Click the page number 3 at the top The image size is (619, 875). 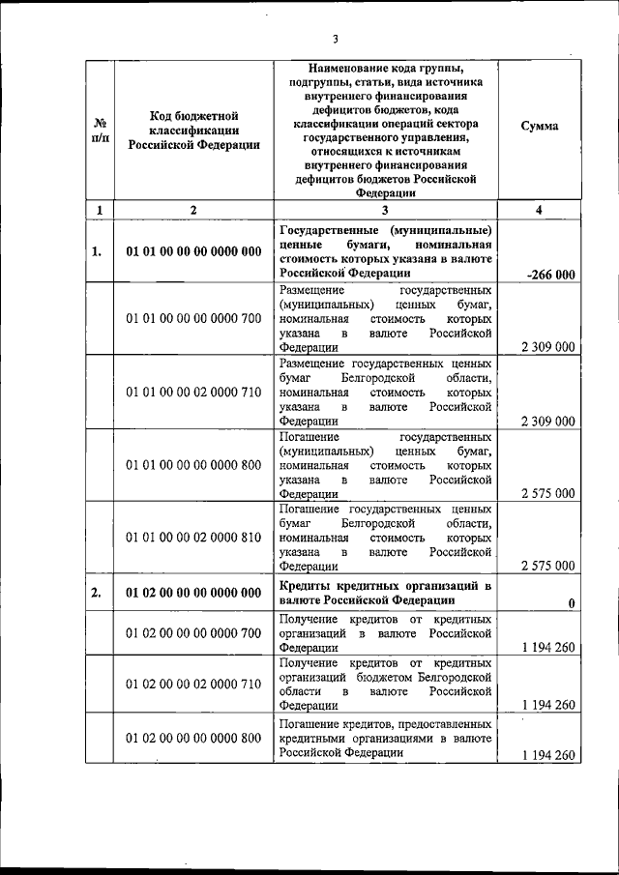pyautogui.click(x=335, y=40)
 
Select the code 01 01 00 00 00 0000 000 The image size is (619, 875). pyautogui.click(x=193, y=252)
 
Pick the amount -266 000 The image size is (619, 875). pyautogui.click(x=550, y=276)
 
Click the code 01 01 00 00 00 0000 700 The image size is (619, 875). pyautogui.click(x=193, y=318)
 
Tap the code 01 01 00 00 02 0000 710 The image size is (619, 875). pyautogui.click(x=193, y=393)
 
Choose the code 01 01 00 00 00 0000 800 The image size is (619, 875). pyautogui.click(x=193, y=465)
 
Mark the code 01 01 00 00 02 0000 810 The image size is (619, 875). pyautogui.click(x=193, y=538)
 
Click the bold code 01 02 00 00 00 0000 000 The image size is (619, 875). pyautogui.click(x=193, y=593)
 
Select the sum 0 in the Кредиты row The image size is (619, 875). pyautogui.click(x=572, y=603)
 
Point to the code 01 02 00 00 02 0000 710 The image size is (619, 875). pyautogui.click(x=193, y=684)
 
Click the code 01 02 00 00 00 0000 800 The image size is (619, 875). pyautogui.click(x=193, y=739)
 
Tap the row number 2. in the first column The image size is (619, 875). pyautogui.click(x=97, y=593)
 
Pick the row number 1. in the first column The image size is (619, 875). pyautogui.click(x=97, y=252)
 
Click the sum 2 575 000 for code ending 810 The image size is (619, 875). pyautogui.click(x=547, y=566)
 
